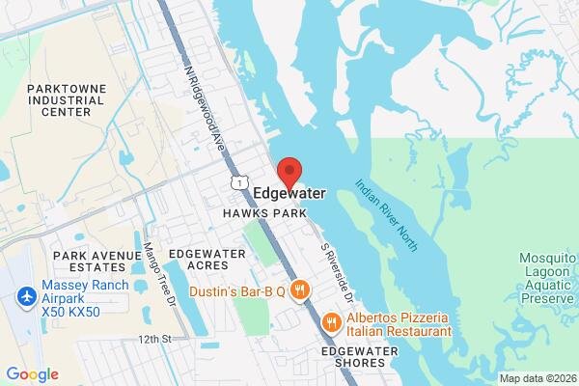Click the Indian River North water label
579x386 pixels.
point(386,214)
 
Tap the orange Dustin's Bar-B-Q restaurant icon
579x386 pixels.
point(300,289)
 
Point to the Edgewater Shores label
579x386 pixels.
point(360,356)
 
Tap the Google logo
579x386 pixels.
point(32,374)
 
